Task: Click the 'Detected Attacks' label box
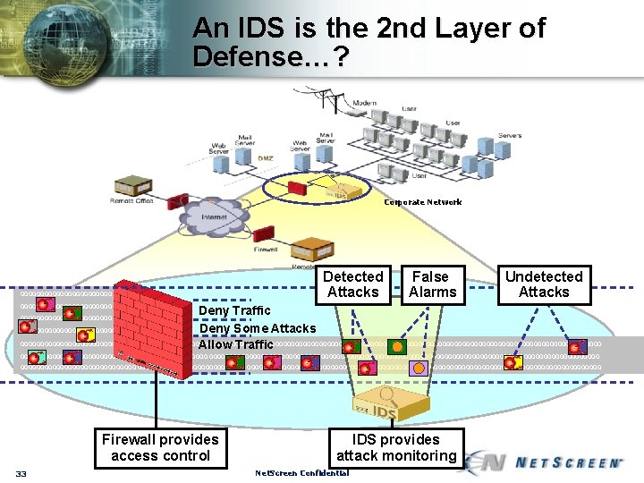point(353,284)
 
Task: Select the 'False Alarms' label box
point(432,284)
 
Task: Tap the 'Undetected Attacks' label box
point(544,284)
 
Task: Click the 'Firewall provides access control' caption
point(160,447)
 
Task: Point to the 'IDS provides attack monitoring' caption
point(396,447)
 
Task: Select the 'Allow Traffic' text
point(236,344)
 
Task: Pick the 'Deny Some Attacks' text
point(257,328)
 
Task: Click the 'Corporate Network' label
point(423,202)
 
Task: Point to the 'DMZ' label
point(266,158)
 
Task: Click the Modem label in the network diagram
point(364,104)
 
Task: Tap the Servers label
point(510,136)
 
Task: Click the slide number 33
point(22,473)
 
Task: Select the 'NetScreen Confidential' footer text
point(301,473)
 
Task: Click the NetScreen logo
point(546,462)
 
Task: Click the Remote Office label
point(131,201)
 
